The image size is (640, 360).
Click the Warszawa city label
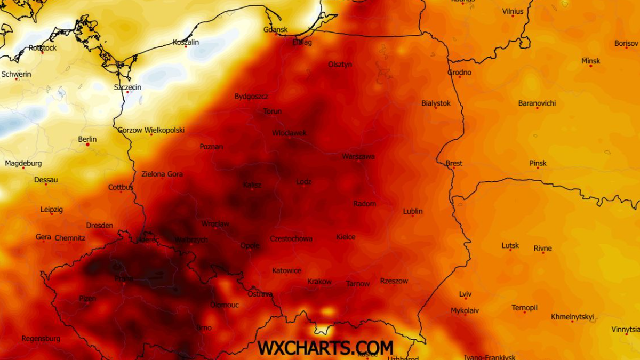pyautogui.click(x=358, y=156)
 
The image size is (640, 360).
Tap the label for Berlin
pyautogui.click(x=87, y=139)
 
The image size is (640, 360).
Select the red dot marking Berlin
pyautogui.click(x=87, y=145)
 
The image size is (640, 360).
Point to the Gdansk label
pyautogui.click(x=276, y=29)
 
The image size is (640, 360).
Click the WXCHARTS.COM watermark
pyautogui.click(x=325, y=348)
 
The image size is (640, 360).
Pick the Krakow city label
pyautogui.click(x=319, y=282)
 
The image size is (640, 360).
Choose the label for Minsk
pyautogui.click(x=591, y=61)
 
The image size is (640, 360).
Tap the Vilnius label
pyautogui.click(x=513, y=11)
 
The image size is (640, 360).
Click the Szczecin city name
pyautogui.click(x=127, y=87)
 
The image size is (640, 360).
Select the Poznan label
pyautogui.click(x=211, y=146)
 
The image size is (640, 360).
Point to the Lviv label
pyautogui.click(x=465, y=294)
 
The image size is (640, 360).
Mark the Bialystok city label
pyautogui.click(x=436, y=103)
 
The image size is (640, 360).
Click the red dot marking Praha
pyautogui.click(x=124, y=283)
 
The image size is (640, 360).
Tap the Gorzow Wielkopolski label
pyautogui.click(x=151, y=130)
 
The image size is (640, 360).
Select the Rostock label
pyautogui.click(x=43, y=47)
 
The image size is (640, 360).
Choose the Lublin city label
pyautogui.click(x=413, y=211)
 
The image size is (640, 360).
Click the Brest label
pyautogui.click(x=454, y=163)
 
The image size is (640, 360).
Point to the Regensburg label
pyautogui.click(x=41, y=339)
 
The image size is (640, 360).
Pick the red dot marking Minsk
pyautogui.click(x=590, y=67)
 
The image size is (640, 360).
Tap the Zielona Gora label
pyautogui.click(x=162, y=174)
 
